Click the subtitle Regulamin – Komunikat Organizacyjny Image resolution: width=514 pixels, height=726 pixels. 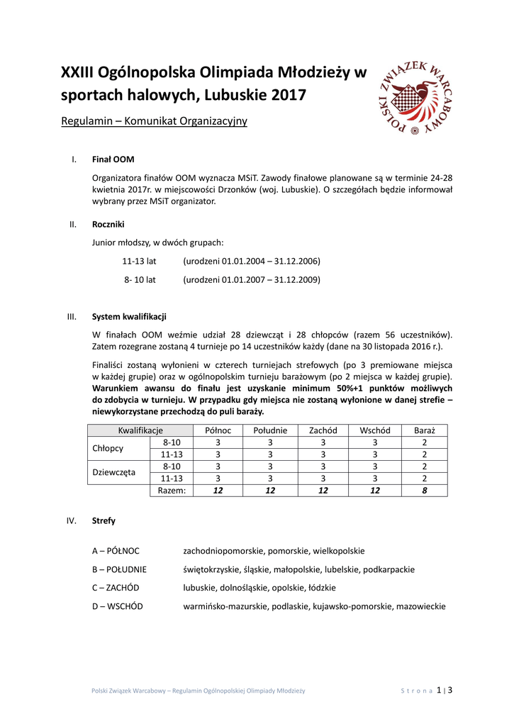tap(154, 121)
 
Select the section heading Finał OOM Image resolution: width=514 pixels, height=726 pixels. tap(113, 160)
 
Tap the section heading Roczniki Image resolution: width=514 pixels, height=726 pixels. tap(108, 225)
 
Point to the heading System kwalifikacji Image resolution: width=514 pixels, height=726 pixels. tap(130, 316)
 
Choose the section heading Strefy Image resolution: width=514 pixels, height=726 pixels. tap(104, 520)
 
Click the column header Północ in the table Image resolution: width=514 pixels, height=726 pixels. tap(218, 430)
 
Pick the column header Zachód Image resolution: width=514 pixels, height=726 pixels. tap(323, 430)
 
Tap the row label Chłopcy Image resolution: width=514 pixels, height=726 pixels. tap(108, 448)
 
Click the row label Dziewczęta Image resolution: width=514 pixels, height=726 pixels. tap(113, 471)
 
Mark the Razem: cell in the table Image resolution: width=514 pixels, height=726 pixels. tap(172, 490)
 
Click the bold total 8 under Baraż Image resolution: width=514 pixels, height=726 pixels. tap(424, 490)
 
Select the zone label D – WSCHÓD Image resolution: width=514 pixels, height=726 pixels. tap(117, 606)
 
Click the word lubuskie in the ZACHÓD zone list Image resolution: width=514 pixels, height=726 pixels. tap(200, 588)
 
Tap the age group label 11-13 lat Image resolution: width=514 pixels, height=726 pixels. tap(139, 261)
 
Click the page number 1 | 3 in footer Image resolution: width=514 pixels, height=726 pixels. tap(445, 690)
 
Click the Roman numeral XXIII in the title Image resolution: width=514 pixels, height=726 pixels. tap(77, 72)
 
